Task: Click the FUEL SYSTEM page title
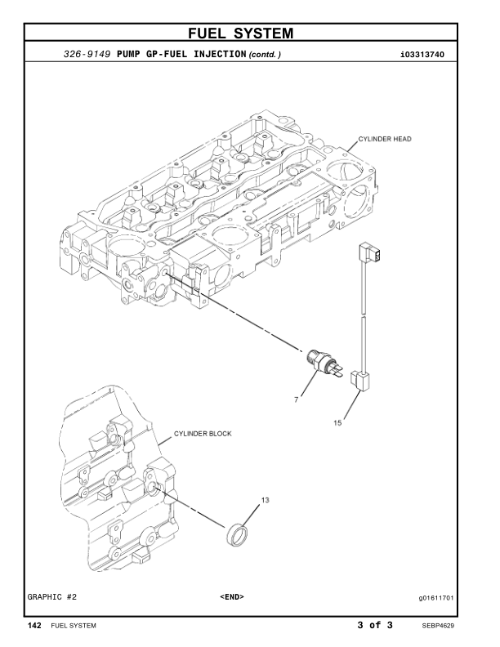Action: click(x=249, y=33)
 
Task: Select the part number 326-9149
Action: click(x=88, y=55)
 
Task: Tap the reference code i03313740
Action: click(x=427, y=55)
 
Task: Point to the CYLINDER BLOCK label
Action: click(x=202, y=434)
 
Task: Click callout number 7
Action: click(x=297, y=400)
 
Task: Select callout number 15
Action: click(x=339, y=422)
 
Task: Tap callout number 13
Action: click(x=265, y=498)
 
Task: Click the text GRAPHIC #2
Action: click(x=55, y=597)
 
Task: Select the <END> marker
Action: click(x=232, y=597)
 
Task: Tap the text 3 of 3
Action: click(x=375, y=626)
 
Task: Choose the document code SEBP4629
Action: click(x=438, y=627)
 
